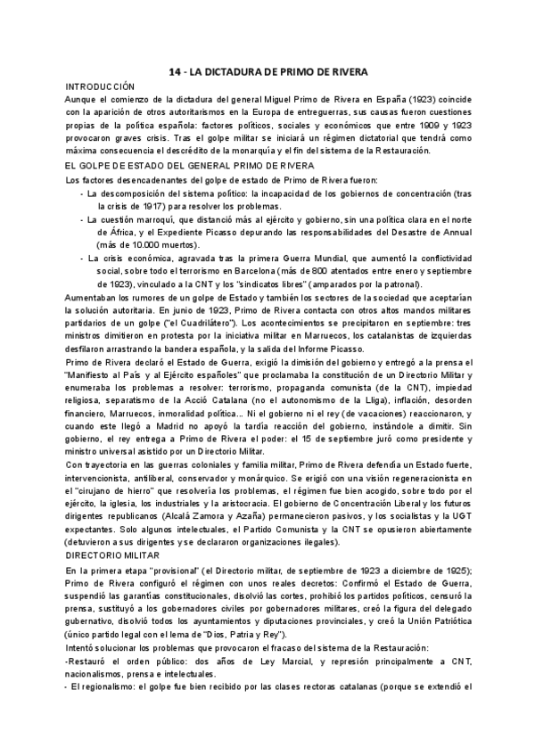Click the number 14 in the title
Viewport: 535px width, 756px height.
coord(177,71)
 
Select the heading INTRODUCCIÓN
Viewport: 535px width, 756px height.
coord(100,86)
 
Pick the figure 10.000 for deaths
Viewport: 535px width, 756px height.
coord(136,245)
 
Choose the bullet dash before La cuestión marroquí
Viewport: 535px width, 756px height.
coord(83,219)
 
